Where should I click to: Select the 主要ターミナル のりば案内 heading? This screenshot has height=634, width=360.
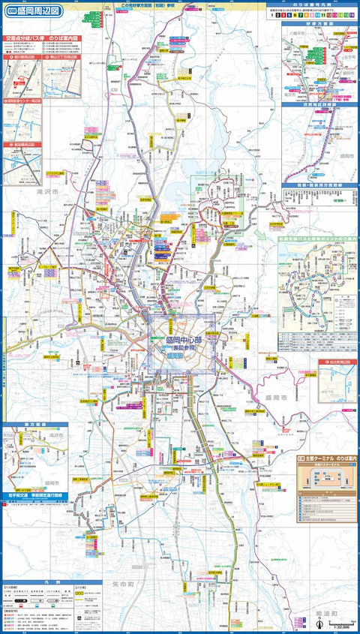(328, 455)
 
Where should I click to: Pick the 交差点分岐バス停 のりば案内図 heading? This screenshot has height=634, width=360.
(40, 37)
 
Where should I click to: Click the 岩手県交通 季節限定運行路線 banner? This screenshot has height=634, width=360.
(36, 496)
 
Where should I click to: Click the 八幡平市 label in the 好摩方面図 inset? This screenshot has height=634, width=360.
(294, 34)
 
